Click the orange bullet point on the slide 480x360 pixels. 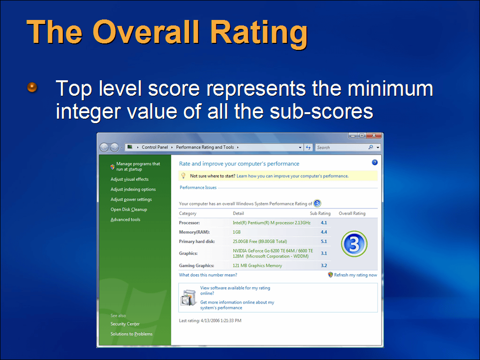coord(32,87)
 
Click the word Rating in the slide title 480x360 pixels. coord(259,33)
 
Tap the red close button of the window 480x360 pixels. coord(374,136)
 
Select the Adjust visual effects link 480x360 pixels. coord(130,179)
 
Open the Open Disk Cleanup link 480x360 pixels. coord(129,209)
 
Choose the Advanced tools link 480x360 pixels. coord(126,219)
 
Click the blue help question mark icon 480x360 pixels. coord(375,163)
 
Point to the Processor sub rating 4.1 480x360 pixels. coord(324,223)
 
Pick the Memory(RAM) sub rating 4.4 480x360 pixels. coord(324,232)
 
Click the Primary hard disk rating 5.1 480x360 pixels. coord(324,241)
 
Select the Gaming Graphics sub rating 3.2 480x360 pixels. coord(324,265)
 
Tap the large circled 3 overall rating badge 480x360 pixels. coord(354,244)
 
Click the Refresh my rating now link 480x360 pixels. coord(355,275)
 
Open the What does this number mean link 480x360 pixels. coord(208,275)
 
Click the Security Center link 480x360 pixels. coord(125,324)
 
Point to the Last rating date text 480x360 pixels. coord(210,321)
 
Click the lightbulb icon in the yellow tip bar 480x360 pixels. coord(183,176)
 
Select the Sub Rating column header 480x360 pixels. coord(320,213)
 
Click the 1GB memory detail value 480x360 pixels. coord(237,232)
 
